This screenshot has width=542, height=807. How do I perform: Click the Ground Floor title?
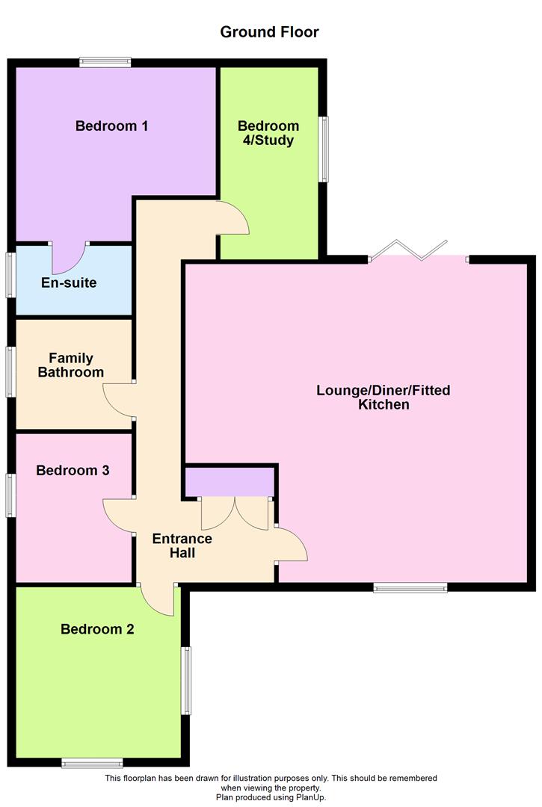click(x=269, y=32)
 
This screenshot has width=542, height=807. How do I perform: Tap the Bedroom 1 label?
click(x=111, y=126)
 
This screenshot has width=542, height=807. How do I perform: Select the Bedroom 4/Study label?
click(x=268, y=133)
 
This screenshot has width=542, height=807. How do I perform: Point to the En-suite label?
click(x=68, y=283)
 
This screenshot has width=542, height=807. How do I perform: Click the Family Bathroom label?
click(x=71, y=365)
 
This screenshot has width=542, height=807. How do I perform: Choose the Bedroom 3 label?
click(x=73, y=470)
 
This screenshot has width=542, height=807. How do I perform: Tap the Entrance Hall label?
click(x=182, y=545)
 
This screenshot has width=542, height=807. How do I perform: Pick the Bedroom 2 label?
click(x=97, y=629)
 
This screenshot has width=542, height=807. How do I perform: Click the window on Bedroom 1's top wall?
click(x=105, y=63)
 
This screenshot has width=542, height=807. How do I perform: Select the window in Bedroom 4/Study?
click(x=323, y=149)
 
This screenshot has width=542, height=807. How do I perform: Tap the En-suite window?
click(x=11, y=276)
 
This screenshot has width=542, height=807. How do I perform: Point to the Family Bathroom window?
click(x=11, y=371)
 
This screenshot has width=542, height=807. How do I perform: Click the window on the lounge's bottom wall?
click(x=410, y=588)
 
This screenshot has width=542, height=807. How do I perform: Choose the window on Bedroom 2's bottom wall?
click(x=92, y=762)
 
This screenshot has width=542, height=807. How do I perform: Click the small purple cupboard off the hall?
click(x=229, y=482)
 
